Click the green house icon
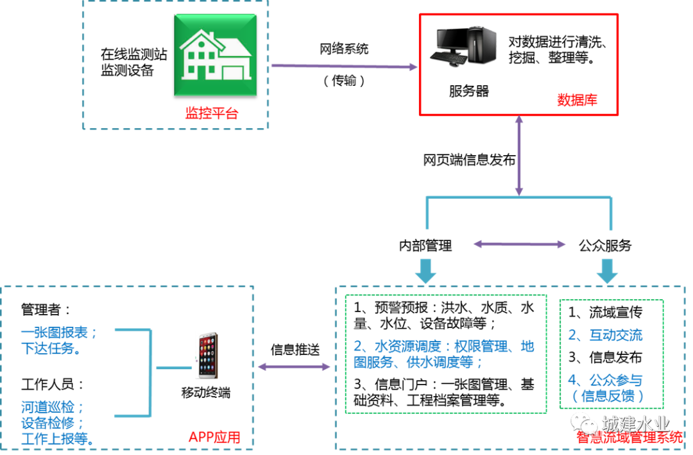click(215, 55)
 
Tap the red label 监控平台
click(212, 113)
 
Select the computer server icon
click(463, 46)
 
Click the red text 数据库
click(577, 100)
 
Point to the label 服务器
click(469, 92)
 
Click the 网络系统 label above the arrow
click(344, 49)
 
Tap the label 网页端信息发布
click(469, 160)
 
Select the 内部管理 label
click(425, 245)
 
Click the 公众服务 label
click(605, 245)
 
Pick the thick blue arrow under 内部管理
click(425, 271)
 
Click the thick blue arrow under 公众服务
click(607, 271)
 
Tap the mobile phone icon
click(207, 356)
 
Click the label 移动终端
click(206, 392)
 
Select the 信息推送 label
click(295, 350)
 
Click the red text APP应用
click(214, 437)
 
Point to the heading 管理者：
click(46, 310)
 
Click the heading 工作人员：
click(53, 385)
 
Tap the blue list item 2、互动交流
click(605, 335)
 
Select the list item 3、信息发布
click(605, 358)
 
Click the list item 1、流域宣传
click(605, 313)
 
